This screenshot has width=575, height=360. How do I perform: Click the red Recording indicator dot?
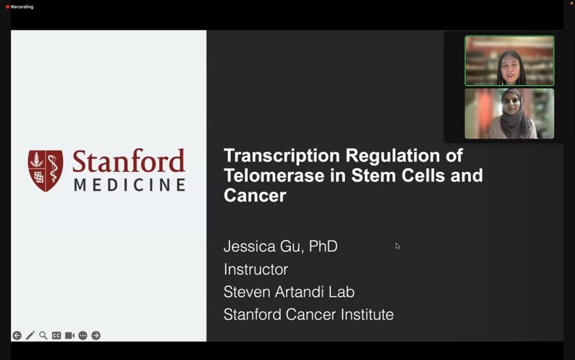click(x=7, y=6)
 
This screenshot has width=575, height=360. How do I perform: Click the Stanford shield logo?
click(x=45, y=171)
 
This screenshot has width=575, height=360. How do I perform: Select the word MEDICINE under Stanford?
click(x=130, y=185)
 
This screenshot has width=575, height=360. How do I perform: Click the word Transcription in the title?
click(x=282, y=155)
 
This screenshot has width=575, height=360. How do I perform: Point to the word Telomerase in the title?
click(x=274, y=175)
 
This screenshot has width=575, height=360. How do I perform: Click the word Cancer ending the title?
click(x=255, y=195)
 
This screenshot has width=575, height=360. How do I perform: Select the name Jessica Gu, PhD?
click(x=280, y=246)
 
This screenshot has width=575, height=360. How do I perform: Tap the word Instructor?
click(x=256, y=269)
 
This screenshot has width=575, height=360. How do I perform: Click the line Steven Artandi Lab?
click(x=289, y=292)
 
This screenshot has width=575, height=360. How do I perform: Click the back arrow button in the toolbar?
click(x=17, y=336)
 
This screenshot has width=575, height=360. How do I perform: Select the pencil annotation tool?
click(x=30, y=336)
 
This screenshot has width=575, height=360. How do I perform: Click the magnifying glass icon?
click(x=43, y=336)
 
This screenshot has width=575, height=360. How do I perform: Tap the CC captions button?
click(x=56, y=336)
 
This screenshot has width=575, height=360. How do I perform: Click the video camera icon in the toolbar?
click(x=70, y=336)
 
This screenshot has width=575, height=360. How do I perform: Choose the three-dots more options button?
click(x=83, y=336)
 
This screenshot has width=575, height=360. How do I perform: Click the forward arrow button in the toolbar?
click(x=96, y=336)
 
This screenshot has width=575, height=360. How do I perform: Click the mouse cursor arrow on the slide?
click(x=397, y=246)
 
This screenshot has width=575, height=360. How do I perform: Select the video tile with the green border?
click(x=509, y=61)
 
